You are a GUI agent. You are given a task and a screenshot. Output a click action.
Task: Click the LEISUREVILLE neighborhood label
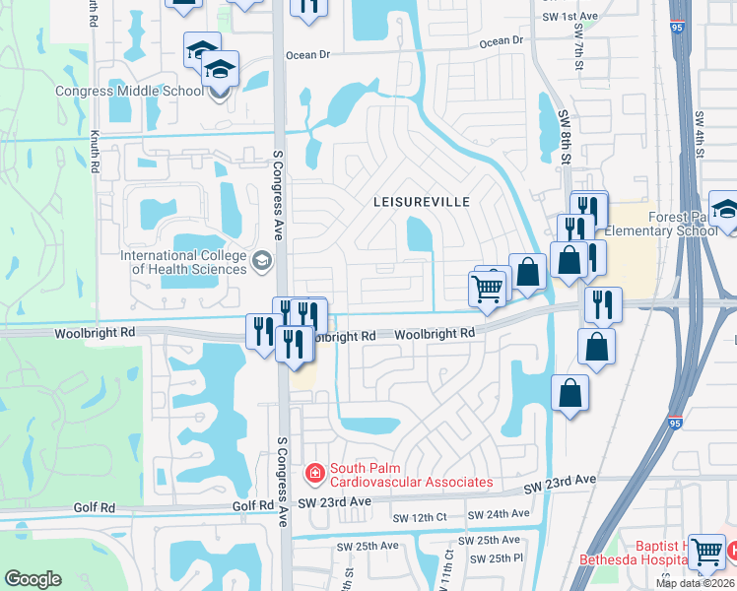coord(421,202)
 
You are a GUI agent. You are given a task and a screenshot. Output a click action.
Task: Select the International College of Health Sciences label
coord(184,262)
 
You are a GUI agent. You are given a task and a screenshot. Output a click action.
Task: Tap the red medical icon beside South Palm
coord(315,475)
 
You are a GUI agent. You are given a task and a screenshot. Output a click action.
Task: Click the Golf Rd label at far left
coord(95,507)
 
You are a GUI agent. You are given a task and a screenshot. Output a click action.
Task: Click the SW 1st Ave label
coord(569,18)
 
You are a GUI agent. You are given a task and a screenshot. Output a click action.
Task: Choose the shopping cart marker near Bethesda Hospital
coord(706,553)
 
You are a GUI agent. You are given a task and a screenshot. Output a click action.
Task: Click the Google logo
coord(33,579)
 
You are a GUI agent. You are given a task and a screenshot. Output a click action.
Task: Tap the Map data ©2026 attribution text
coord(695,583)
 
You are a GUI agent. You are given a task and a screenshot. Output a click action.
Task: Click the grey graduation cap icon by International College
coord(261,262)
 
